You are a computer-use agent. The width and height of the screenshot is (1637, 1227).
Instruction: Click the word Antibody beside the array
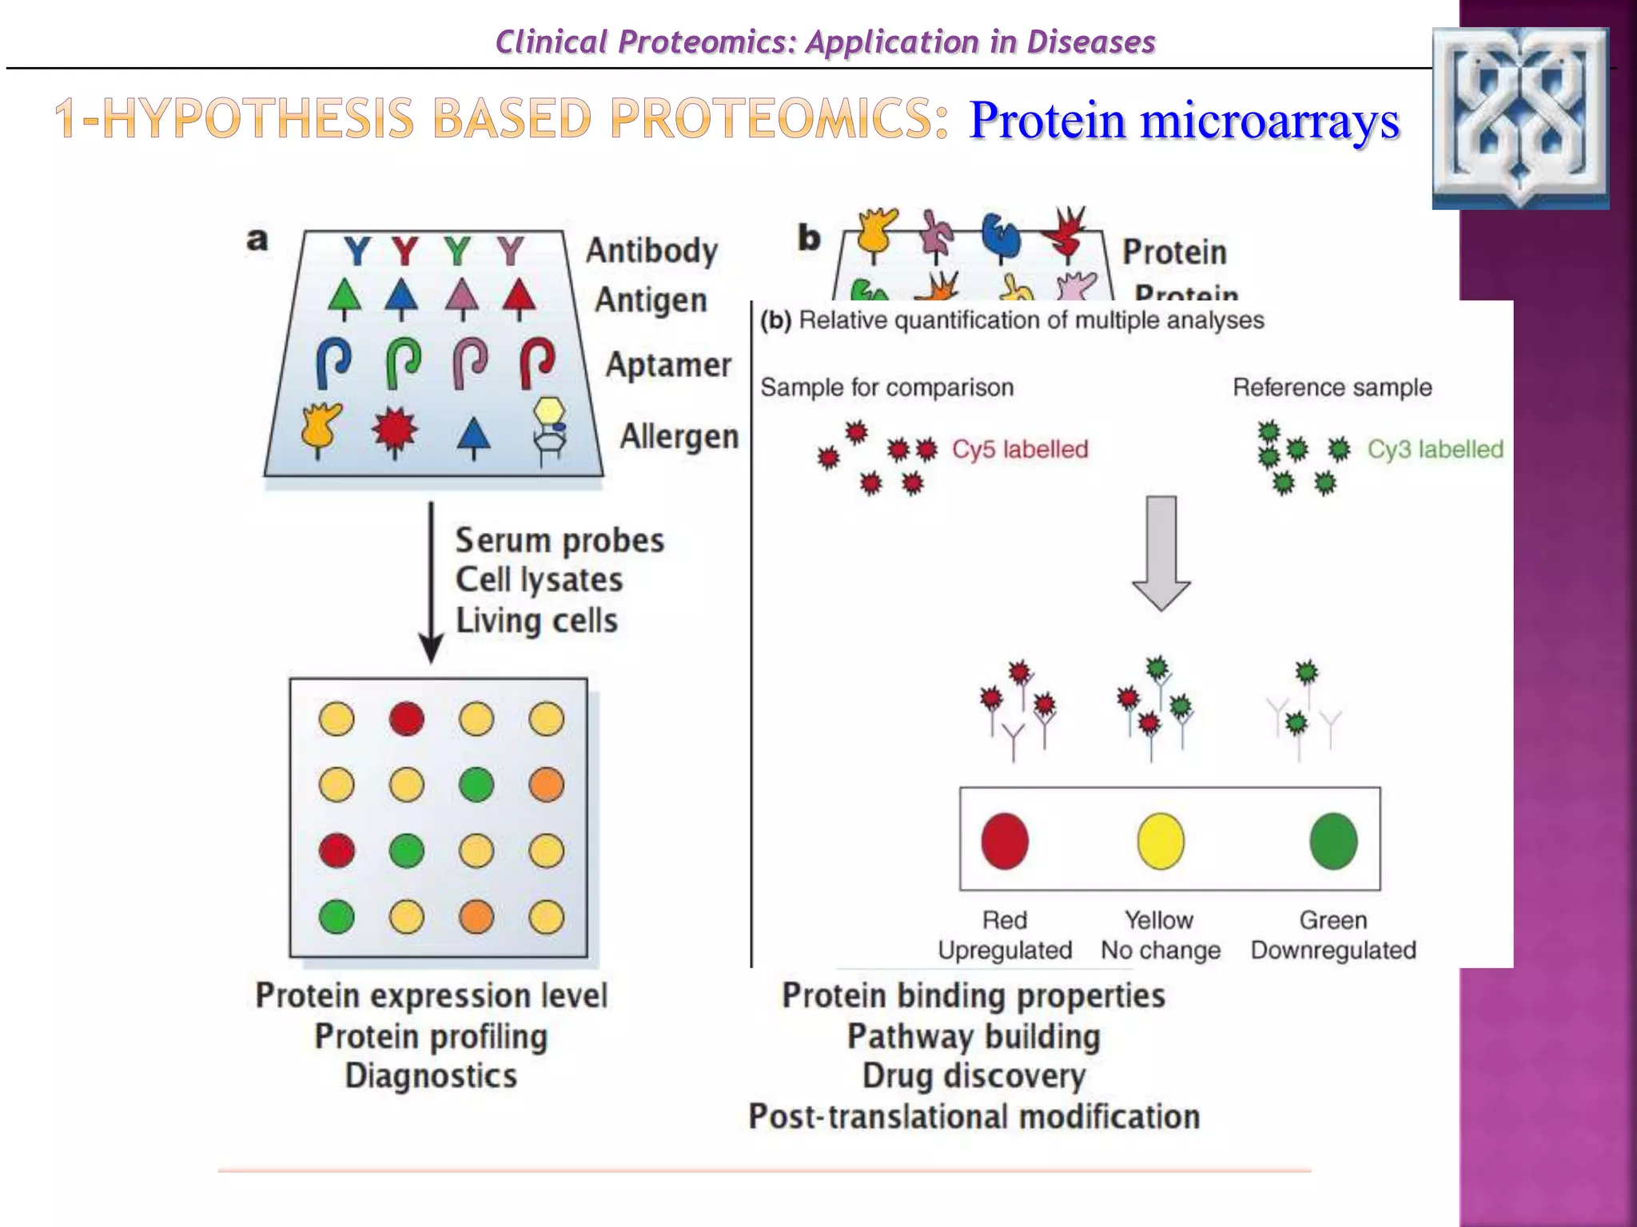click(x=651, y=251)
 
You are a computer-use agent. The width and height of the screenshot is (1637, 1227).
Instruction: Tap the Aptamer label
click(x=668, y=365)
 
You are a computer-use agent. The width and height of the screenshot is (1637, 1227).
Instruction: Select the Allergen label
click(x=679, y=437)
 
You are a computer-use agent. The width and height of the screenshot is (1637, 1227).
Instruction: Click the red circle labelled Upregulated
click(x=1004, y=841)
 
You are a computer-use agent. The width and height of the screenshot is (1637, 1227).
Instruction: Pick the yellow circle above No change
click(x=1160, y=841)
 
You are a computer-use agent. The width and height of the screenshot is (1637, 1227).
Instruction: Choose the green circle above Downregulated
click(x=1333, y=841)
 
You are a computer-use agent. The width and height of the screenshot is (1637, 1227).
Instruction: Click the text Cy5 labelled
click(x=1020, y=449)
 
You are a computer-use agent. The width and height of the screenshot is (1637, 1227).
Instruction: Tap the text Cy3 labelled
click(x=1435, y=449)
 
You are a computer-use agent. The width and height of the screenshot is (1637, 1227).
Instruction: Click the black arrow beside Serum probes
click(x=432, y=583)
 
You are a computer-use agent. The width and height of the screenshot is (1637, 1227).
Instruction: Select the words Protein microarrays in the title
click(x=1184, y=121)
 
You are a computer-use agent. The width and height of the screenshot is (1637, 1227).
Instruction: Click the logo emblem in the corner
click(x=1520, y=118)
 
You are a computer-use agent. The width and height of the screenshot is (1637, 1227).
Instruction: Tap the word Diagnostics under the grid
click(x=432, y=1076)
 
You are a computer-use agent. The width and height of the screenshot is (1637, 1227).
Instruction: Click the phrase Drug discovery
click(x=974, y=1076)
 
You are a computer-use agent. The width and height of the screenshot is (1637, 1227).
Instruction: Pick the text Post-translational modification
click(x=974, y=1117)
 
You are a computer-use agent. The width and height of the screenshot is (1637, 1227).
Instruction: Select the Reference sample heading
click(x=1332, y=387)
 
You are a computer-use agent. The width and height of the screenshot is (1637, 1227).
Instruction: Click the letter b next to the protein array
click(x=809, y=238)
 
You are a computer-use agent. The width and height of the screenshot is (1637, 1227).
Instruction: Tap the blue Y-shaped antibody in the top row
click(x=357, y=252)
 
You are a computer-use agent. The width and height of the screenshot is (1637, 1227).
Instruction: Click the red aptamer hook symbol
click(x=537, y=362)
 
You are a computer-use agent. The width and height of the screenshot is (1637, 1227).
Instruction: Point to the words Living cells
click(x=536, y=621)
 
